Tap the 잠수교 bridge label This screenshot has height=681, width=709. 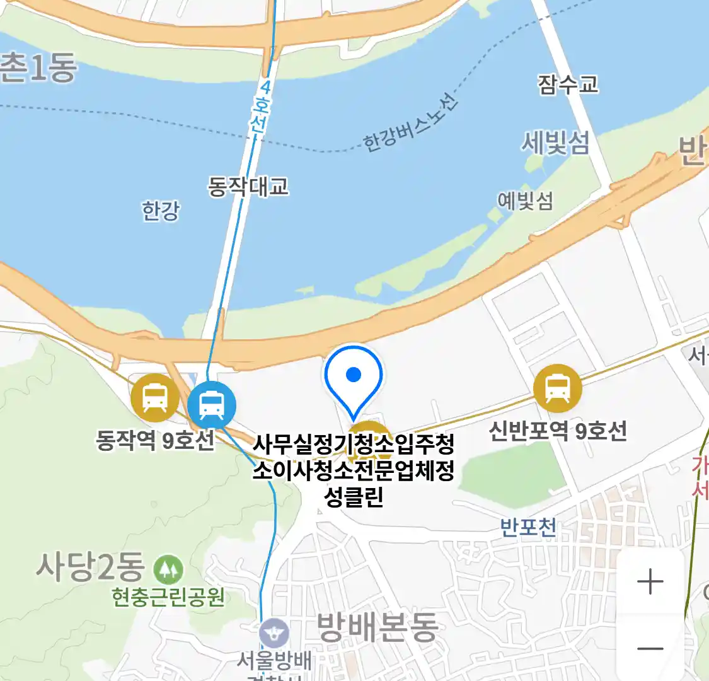pos(567,84)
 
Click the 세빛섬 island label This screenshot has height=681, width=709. pos(555,143)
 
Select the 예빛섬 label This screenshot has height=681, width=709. pos(525,201)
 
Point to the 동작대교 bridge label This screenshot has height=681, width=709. pos(248,186)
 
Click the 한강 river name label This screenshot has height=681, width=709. pos(161,211)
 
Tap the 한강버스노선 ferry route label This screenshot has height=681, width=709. pos(410,123)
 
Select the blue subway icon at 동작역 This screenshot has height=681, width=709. pos(212,405)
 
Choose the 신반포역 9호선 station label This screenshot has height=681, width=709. pos(558,431)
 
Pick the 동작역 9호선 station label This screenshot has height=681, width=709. pos(155,440)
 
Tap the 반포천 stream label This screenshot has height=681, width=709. pos(528,527)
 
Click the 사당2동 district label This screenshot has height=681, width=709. pos(90,566)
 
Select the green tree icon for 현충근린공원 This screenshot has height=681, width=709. pos(168,569)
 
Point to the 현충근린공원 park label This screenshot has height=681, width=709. pos(168,597)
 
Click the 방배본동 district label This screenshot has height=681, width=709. pos(377,627)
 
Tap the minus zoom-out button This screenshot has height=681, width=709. pos(650,648)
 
